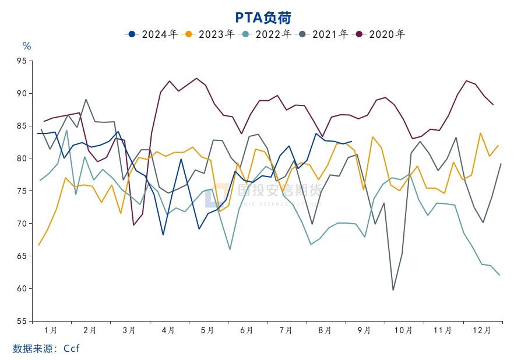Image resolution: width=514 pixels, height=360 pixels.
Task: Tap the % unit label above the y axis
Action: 26,46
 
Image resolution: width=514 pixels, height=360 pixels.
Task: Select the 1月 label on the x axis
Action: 51,330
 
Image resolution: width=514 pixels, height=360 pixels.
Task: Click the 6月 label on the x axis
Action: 247,330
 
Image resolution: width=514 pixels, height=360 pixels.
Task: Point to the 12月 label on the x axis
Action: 482,330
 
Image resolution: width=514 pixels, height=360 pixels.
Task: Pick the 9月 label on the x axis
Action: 364,330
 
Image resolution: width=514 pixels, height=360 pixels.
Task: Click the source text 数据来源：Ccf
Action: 46,348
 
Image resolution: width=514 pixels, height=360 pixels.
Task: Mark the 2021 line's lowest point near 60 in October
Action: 393,290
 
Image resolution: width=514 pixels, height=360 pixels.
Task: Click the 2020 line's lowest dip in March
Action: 133,225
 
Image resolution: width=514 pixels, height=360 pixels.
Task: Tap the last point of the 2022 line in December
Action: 500,275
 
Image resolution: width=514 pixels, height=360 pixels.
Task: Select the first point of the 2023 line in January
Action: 39,245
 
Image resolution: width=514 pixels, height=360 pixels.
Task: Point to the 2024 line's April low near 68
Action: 163,234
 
